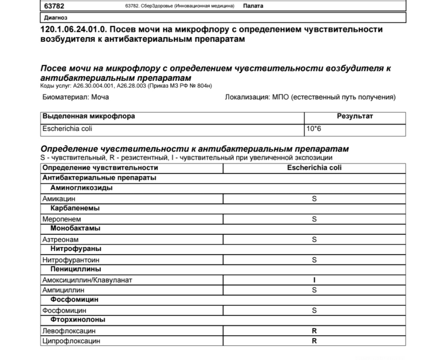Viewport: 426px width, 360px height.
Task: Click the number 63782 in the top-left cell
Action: pos(54,6)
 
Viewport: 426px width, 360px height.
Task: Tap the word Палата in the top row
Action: pos(253,6)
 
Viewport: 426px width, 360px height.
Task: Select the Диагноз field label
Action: pos(56,18)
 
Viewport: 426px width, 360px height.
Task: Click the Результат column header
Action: pos(355,116)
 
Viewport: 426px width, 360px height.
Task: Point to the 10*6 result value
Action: pos(313,129)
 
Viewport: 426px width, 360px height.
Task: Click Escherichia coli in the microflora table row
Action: pos(67,129)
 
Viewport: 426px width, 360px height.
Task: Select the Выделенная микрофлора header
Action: pos(88,116)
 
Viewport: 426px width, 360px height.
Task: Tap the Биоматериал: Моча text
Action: pos(75,97)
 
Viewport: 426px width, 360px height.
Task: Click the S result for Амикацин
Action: pos(314,199)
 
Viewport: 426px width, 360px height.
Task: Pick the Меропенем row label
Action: pos(61,219)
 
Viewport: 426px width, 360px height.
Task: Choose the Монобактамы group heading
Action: pos(75,229)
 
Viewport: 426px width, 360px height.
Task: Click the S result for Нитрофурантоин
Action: pos(314,260)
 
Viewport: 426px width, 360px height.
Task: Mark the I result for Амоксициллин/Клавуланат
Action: pos(314,280)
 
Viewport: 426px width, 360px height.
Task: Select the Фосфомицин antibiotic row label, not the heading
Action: pos(64,311)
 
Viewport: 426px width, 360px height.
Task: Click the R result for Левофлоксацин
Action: pos(314,331)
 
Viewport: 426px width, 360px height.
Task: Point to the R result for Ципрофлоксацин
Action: pos(314,341)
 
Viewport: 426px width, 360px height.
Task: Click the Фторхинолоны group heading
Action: pos(78,320)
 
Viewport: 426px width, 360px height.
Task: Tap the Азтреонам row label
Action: pos(60,240)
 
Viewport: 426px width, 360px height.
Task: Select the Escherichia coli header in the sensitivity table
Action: pos(314,168)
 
